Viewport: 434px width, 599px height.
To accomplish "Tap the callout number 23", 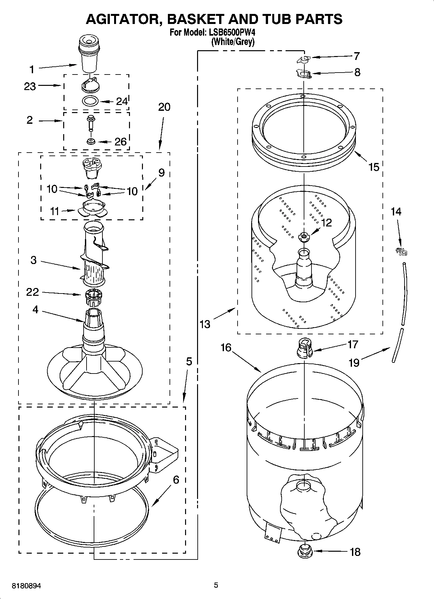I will tap(30, 86).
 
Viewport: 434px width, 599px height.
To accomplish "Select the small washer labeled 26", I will tap(90, 142).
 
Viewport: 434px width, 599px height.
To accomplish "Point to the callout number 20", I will tap(164, 107).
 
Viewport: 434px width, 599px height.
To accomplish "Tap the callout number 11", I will tap(54, 211).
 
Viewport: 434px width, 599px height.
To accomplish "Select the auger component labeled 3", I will tap(94, 256).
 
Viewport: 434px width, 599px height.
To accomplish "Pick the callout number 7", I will tap(357, 56).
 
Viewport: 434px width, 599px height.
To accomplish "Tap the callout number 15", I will tap(374, 167).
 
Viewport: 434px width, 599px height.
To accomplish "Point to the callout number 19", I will tap(354, 362).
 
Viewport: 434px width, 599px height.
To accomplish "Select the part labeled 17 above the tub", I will tap(304, 348).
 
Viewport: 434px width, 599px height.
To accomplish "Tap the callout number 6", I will tap(176, 480).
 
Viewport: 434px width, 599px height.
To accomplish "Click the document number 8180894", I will tap(26, 586).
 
